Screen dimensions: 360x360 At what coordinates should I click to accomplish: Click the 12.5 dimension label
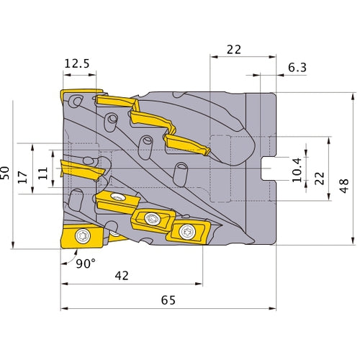coord(77,63)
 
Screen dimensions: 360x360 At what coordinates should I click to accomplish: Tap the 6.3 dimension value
coord(297,68)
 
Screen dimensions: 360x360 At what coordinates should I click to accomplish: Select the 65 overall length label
coord(168,300)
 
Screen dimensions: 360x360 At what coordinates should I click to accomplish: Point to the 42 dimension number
coord(122,276)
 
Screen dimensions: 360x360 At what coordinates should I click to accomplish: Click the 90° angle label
coord(86,264)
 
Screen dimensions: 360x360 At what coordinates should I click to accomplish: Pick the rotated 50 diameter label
coord(5,173)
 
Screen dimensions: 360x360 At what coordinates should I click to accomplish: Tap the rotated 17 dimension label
coord(23,177)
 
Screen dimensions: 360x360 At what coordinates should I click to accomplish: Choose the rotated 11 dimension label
coord(43,174)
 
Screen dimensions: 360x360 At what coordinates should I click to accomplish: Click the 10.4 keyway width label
coord(297,170)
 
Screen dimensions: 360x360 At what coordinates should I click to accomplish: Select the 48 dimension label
coord(344,186)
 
